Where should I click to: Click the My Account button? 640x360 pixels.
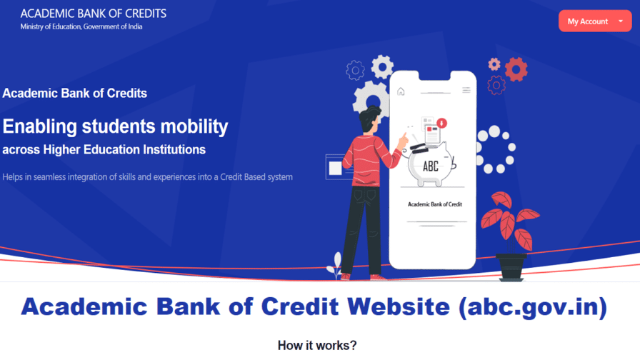pyautogui.click(x=594, y=21)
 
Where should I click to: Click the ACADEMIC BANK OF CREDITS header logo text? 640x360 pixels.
pyautogui.click(x=94, y=14)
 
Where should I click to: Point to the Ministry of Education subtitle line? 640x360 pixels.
pyautogui.click(x=81, y=27)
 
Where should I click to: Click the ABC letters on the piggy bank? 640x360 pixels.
pyautogui.click(x=431, y=166)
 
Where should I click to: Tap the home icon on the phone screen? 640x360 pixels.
pyautogui.click(x=401, y=91)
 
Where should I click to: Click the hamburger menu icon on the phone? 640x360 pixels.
pyautogui.click(x=466, y=90)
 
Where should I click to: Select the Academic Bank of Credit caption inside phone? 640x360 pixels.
pyautogui.click(x=434, y=204)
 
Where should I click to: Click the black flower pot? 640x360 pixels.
pyautogui.click(x=512, y=266)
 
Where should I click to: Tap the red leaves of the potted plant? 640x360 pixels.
pyautogui.click(x=508, y=219)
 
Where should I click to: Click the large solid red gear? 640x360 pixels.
pyautogui.click(x=515, y=69)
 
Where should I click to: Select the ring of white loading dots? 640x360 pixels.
pyautogui.click(x=495, y=149)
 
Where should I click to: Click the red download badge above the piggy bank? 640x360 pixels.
pyautogui.click(x=441, y=123)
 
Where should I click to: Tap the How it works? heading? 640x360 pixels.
pyautogui.click(x=316, y=346)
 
